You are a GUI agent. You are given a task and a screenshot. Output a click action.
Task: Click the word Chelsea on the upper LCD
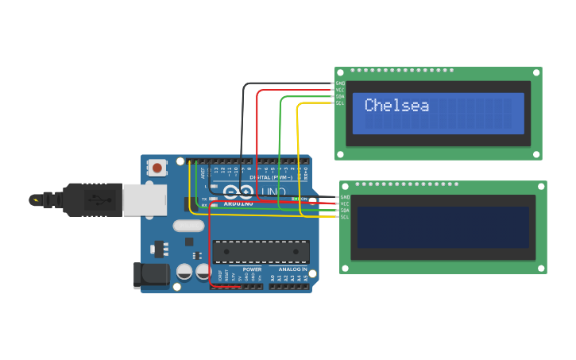tap(396, 106)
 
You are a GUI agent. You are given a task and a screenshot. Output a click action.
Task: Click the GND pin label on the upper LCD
tap(340, 83)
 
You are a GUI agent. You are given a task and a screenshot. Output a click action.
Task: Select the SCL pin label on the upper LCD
tap(340, 103)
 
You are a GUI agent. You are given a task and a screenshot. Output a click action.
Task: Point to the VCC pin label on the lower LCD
tap(345, 203)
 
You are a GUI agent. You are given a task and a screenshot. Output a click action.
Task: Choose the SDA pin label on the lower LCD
tap(345, 211)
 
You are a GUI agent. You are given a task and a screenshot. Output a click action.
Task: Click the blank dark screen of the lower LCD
tap(443, 227)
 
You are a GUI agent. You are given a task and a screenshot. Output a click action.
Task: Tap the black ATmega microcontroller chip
tap(261, 252)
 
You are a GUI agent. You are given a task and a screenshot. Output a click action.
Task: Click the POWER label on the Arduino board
tap(252, 269)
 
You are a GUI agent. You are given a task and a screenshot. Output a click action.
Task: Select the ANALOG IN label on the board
tap(293, 269)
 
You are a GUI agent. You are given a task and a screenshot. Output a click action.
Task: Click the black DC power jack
tap(151, 275)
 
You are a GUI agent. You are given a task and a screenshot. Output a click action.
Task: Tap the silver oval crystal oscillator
tap(188, 226)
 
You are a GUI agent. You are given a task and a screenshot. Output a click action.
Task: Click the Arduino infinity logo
tap(238, 192)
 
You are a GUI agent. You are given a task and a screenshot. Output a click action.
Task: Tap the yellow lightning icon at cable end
tap(35, 199)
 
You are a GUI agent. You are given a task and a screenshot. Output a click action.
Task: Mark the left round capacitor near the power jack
tap(184, 271)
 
